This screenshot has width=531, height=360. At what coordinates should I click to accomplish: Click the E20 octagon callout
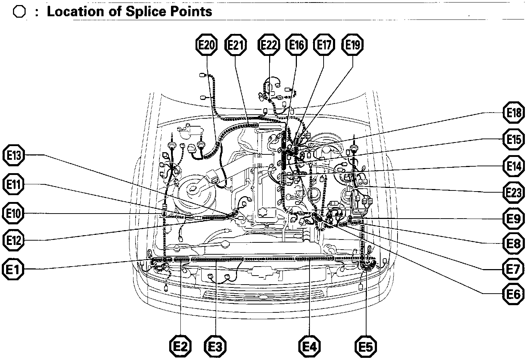tap(207, 45)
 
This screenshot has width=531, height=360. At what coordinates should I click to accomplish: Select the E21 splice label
tap(235, 45)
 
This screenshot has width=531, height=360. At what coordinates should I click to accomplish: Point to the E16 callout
tap(297, 45)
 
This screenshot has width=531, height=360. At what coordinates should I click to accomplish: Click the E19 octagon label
tap(352, 45)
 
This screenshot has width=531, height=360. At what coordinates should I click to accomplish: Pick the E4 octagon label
tap(310, 347)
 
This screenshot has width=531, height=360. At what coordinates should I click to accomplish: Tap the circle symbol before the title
tap(19, 12)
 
